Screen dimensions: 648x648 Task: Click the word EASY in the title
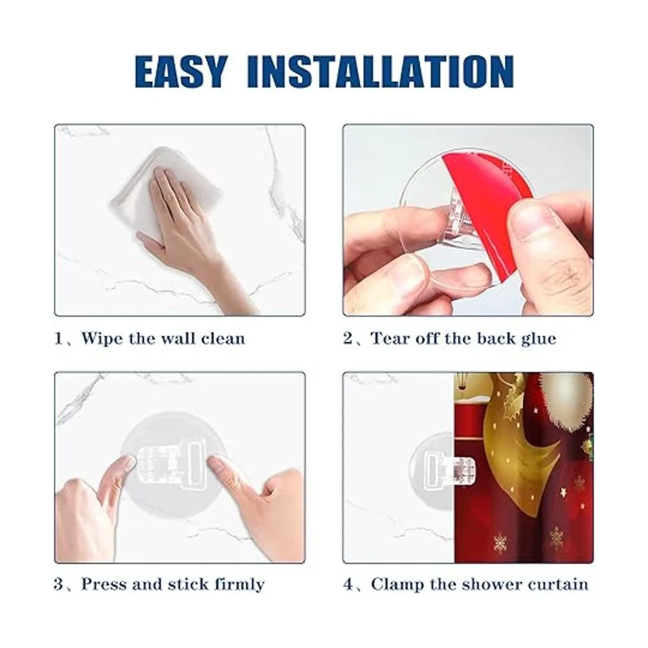click(x=180, y=72)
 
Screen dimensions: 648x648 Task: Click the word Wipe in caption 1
click(x=101, y=338)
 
